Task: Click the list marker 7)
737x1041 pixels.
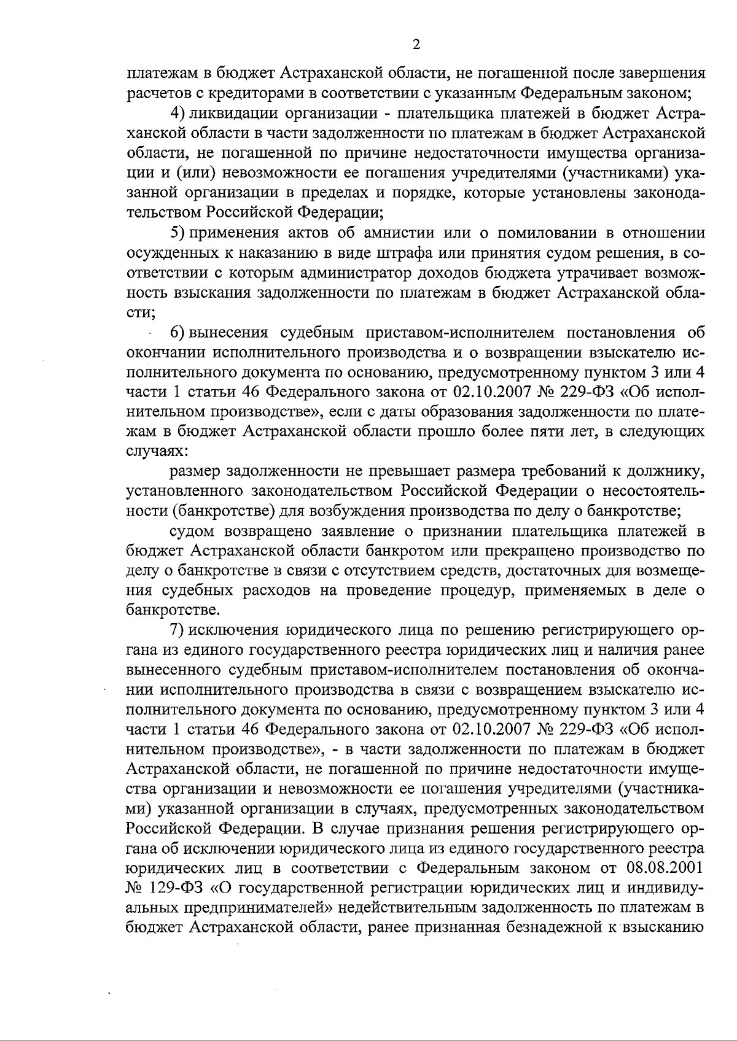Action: [178, 631]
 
